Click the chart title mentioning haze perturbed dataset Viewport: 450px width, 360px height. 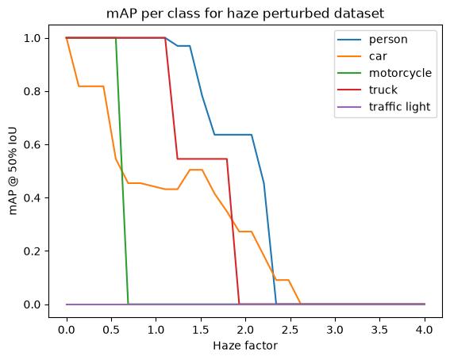click(x=245, y=13)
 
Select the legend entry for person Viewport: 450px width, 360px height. click(x=388, y=40)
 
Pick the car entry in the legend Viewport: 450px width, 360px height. click(x=378, y=56)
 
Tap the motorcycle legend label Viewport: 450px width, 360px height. click(x=400, y=73)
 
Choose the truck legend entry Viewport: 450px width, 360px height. click(x=383, y=90)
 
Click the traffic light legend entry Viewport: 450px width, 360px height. click(x=400, y=107)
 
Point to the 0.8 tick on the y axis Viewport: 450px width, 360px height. click(x=33, y=91)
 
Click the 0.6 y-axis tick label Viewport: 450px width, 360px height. click(x=33, y=145)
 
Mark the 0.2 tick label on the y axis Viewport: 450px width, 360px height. click(x=33, y=251)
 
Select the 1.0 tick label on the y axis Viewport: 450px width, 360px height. click(x=33, y=38)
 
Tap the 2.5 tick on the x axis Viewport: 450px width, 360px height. click(x=290, y=330)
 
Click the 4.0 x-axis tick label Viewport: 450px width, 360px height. click(x=425, y=330)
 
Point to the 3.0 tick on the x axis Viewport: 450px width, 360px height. click(x=335, y=330)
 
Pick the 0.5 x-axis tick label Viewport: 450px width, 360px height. click(x=111, y=330)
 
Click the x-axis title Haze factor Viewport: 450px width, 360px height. click(x=245, y=346)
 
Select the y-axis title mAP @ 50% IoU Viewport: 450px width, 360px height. click(x=13, y=171)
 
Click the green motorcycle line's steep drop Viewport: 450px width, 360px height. click(x=122, y=170)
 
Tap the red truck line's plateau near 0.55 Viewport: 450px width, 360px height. click(x=202, y=159)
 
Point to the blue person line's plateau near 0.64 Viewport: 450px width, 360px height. click(x=233, y=135)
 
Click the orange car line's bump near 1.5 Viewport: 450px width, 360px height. click(x=196, y=170)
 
